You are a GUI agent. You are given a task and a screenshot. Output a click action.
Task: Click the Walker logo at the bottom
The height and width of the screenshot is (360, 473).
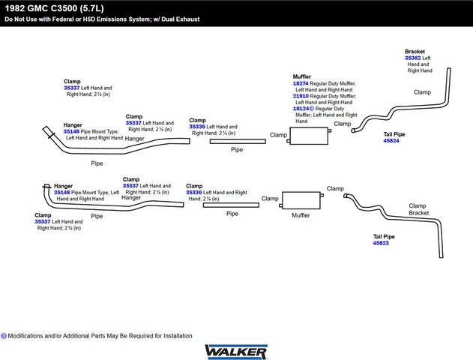click(236, 352)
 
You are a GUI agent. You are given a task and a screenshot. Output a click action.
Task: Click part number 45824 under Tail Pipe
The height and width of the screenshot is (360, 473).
click(391, 140)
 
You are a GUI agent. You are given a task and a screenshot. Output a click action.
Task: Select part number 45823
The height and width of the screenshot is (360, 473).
click(381, 243)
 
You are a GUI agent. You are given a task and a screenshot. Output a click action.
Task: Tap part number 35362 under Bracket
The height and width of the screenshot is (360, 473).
click(413, 58)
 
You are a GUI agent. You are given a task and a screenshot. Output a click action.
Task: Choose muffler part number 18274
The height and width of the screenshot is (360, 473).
click(301, 83)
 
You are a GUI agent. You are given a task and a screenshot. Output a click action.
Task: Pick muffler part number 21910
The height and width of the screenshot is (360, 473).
click(301, 96)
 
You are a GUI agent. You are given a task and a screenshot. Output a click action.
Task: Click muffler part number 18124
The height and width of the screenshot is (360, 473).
click(301, 109)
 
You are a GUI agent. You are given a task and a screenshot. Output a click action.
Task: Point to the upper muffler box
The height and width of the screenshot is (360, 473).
click(309, 136)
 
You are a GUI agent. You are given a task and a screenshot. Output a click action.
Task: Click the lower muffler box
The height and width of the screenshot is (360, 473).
click(301, 200)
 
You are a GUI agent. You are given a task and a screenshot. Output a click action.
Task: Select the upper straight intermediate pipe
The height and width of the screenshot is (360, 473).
click(238, 141)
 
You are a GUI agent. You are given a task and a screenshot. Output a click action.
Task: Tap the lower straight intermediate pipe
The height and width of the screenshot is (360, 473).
click(231, 205)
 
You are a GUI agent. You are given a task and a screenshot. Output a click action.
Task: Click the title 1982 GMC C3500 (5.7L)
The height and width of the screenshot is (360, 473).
click(54, 8)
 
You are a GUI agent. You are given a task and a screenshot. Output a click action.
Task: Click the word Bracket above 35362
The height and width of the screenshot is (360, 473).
click(415, 52)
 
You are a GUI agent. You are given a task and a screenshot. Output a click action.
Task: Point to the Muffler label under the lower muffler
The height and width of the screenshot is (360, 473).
click(301, 215)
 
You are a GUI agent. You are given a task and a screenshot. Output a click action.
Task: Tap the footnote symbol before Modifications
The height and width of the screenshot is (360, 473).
click(4, 336)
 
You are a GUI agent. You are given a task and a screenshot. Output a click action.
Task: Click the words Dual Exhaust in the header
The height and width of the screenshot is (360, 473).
click(181, 19)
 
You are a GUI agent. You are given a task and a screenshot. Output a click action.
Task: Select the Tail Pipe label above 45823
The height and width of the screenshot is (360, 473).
click(384, 236)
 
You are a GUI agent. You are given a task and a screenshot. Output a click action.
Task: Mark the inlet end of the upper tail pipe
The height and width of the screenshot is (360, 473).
click(353, 130)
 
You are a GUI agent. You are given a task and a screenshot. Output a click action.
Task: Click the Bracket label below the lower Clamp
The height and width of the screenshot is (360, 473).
click(419, 213)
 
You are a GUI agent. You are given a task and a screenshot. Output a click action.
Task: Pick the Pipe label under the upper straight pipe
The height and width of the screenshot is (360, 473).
click(237, 150)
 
